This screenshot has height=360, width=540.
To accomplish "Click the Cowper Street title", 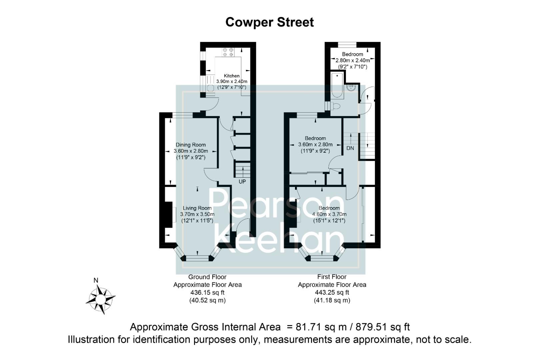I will pos(269,22).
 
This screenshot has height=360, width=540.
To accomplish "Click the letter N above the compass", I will pos(96,280).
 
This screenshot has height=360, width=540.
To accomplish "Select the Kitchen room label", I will pos(231,76).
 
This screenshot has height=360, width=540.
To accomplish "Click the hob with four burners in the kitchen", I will pos(229,52).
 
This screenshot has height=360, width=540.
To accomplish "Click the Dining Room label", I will pos(191,145).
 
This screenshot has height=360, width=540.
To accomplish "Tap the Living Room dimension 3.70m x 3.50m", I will pos(197,214).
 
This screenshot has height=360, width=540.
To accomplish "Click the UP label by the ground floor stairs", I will pos(242,182).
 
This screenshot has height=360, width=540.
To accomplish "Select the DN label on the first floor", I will pos(350,148).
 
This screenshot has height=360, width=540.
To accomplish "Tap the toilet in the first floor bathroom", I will pos(335,106).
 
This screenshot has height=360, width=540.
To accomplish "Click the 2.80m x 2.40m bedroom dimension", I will pos(352,60).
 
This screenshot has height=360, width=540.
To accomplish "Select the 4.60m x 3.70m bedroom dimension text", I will pos(329,214).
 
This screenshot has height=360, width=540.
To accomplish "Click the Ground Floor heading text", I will pos(207,277).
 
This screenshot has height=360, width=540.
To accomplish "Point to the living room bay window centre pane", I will pos(197,258).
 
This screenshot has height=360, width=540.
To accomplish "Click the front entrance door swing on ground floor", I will pos(244,225).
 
